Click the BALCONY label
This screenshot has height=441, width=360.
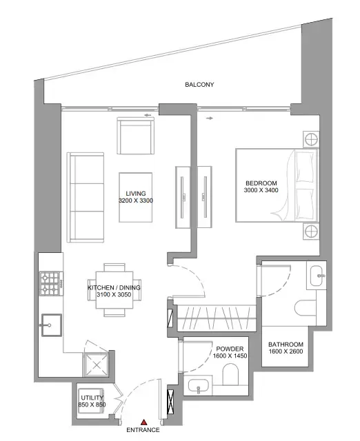(199, 85)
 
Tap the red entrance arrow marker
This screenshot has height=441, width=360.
(144, 422)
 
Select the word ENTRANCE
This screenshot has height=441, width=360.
(143, 431)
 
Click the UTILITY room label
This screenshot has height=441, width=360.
(92, 399)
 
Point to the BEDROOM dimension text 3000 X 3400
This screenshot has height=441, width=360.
(262, 190)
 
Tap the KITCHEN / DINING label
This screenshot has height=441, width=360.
(114, 287)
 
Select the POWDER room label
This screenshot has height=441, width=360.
(229, 349)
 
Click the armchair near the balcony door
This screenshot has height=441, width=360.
(135, 136)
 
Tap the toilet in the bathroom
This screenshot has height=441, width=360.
(303, 308)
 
